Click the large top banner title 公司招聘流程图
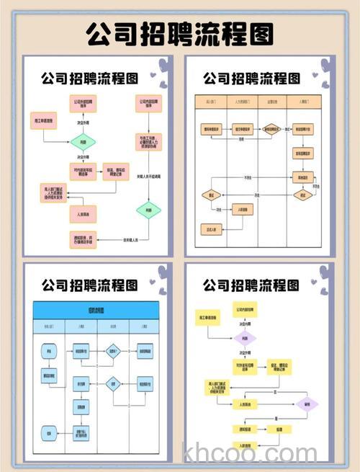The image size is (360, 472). point(180,33)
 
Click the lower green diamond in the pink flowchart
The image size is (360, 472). point(148,210)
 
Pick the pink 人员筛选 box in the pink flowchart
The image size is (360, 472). point(83,214)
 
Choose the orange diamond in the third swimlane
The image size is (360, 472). point(271,130)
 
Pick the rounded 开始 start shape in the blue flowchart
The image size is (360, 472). point(50,352)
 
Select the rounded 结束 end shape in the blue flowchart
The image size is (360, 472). point(50,433)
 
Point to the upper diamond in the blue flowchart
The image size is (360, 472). point(112,352)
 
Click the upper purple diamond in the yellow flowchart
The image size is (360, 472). point(245,339)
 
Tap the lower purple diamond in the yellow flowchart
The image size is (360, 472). point(307,404)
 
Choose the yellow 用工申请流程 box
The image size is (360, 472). point(204,318)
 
